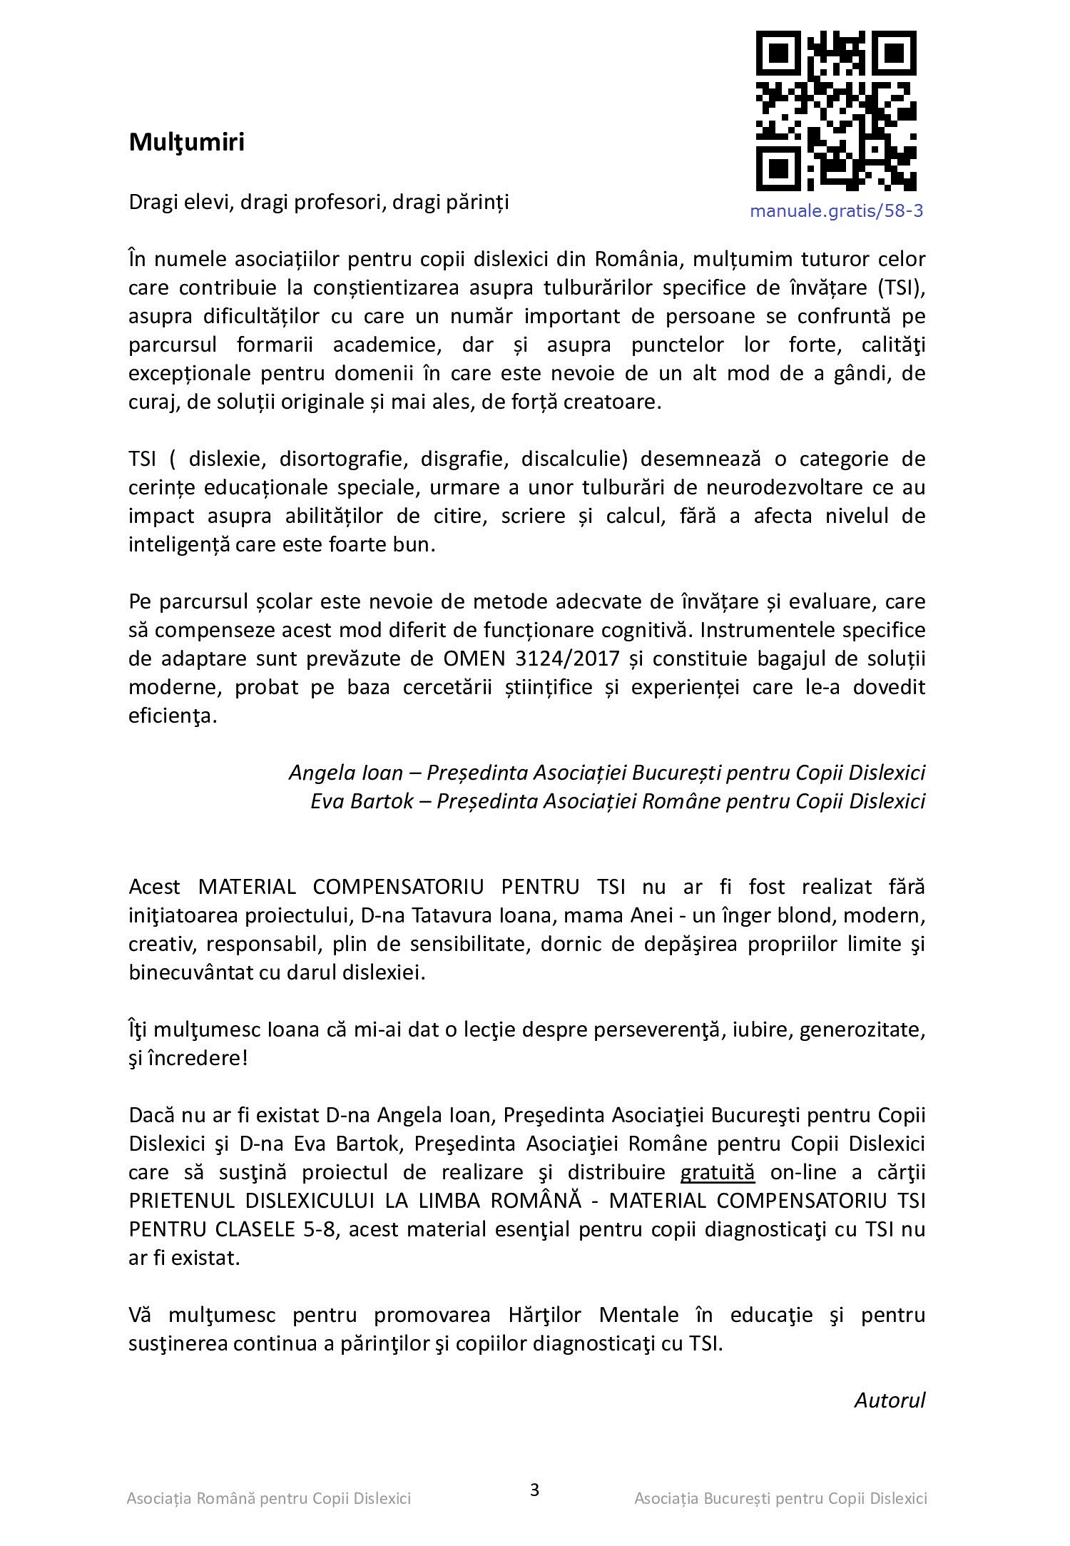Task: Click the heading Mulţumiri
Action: tap(186, 143)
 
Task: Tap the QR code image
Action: tap(836, 111)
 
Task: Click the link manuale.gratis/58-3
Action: tap(836, 211)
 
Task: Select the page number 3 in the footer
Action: tap(535, 1491)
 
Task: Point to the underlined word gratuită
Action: tap(717, 1172)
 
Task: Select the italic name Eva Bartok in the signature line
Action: tap(362, 801)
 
